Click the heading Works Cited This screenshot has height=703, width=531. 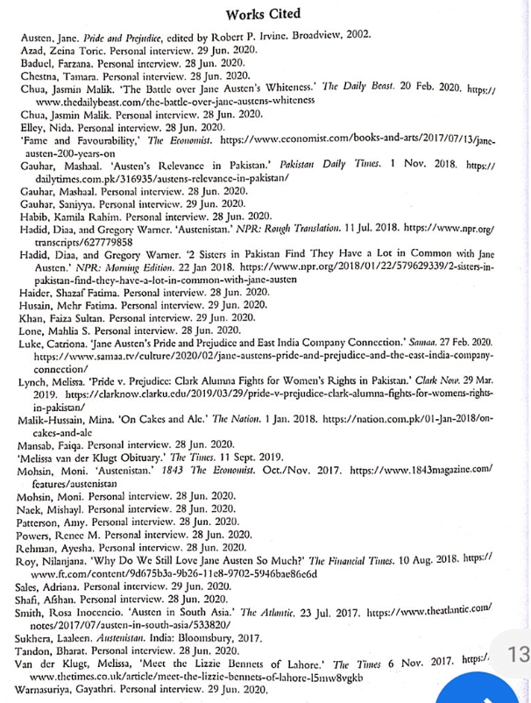[x=263, y=14]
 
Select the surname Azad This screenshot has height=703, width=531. [x=32, y=53]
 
